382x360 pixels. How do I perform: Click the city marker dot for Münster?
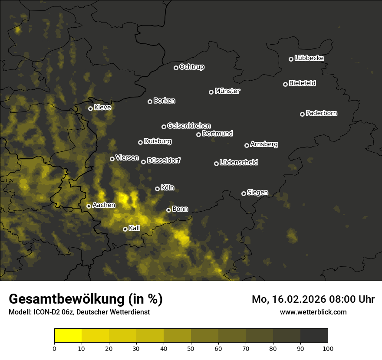[x=211, y=92]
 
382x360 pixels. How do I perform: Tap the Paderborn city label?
[x=321, y=113]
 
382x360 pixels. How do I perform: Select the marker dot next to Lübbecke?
[x=291, y=59]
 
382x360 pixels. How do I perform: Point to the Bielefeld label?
[x=302, y=83]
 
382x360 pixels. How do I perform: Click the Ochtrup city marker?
[x=176, y=68]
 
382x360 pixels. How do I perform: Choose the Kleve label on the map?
[x=102, y=108]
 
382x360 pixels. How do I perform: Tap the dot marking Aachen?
[x=89, y=206]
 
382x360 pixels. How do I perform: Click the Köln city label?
[x=167, y=188]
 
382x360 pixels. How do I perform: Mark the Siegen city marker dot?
[x=244, y=193]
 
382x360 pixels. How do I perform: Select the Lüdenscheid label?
[x=239, y=163]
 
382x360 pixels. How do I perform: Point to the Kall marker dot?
[x=125, y=229]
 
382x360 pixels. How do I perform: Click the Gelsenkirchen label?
[x=189, y=126]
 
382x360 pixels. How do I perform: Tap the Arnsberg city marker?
[x=247, y=145]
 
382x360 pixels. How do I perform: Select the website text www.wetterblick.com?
[x=313, y=312]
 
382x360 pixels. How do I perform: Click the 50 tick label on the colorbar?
[x=191, y=348]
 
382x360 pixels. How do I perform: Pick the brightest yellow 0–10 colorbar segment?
[x=68, y=336]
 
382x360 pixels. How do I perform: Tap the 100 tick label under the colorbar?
[x=328, y=348]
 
